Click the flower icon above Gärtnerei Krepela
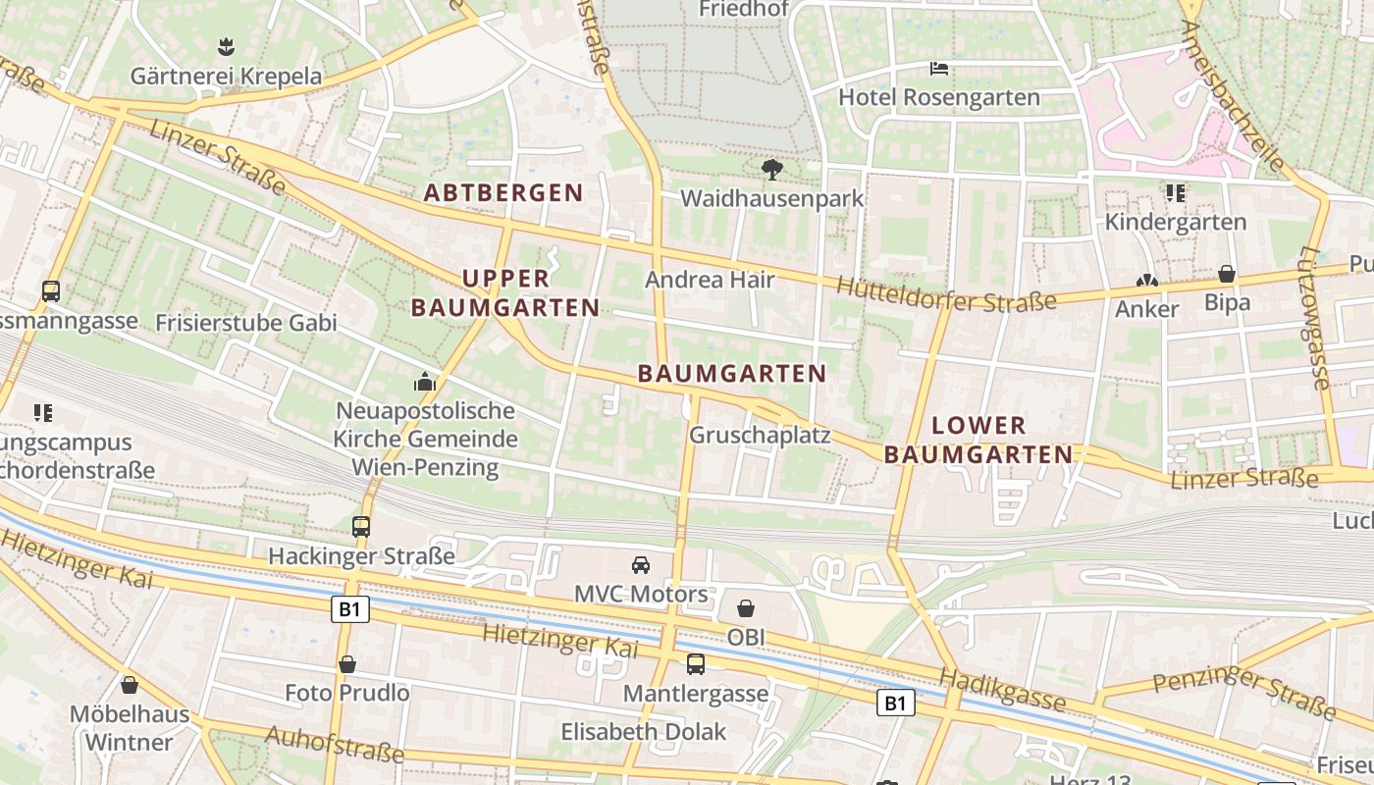point(226,46)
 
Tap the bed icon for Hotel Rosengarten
point(939,69)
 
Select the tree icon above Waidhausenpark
point(772,170)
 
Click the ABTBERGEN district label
point(503,193)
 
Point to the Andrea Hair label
point(710,280)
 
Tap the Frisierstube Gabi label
point(246,323)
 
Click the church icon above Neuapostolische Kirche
point(425,382)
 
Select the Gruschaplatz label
point(760,435)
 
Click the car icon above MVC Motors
point(641,565)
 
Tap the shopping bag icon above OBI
point(746,608)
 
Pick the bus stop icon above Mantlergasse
point(696,664)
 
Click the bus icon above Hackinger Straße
point(361,527)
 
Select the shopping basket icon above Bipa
point(1227,274)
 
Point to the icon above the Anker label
point(1146,281)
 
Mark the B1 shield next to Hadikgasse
point(894,703)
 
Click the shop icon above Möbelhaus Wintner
point(130,685)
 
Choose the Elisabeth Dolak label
point(644,732)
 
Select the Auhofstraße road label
point(334,745)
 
